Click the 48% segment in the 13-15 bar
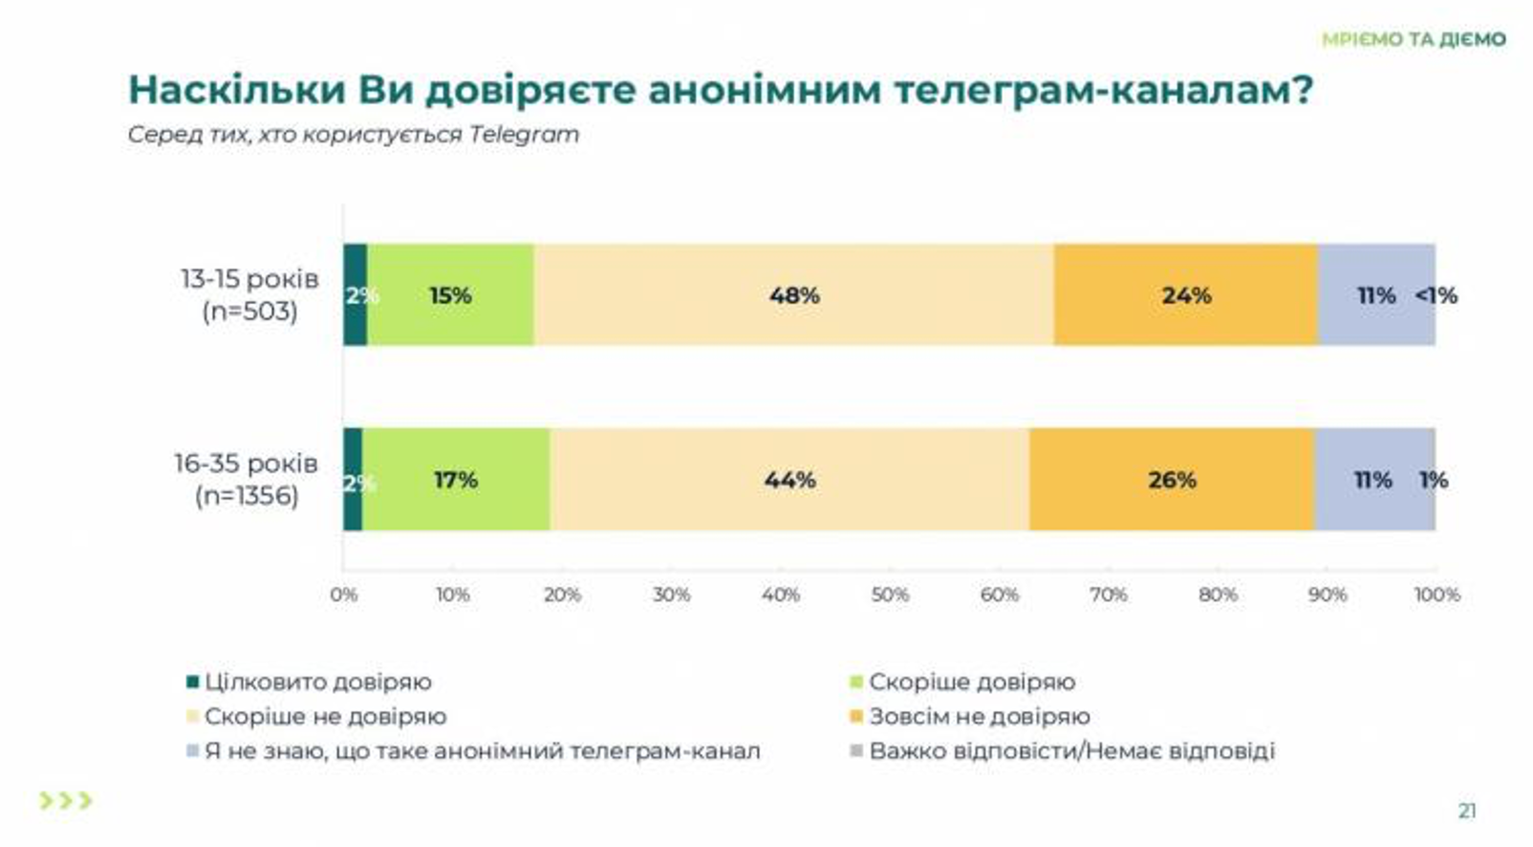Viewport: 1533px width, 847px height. coord(793,295)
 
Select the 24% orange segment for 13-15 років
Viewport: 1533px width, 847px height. coord(1185,295)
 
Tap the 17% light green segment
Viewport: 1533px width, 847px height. coord(456,480)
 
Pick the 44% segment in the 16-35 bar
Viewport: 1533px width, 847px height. coord(789,480)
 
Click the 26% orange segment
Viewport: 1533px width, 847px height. coord(1172,480)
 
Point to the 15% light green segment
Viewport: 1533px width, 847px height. coord(450,295)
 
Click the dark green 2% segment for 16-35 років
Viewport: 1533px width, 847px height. coord(353,480)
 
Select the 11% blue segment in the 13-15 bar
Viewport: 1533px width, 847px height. coord(1376,295)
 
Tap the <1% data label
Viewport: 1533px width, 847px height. coord(1436,295)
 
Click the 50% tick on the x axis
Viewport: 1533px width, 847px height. coord(890,595)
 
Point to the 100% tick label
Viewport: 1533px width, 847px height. coord(1436,595)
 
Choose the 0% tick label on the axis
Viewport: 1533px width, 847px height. coord(344,595)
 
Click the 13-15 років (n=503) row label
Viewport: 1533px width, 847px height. coord(249,294)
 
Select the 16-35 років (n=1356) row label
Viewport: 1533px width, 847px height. coord(247,479)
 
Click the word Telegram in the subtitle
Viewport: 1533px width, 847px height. coord(524,135)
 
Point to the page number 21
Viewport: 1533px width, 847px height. coord(1467,811)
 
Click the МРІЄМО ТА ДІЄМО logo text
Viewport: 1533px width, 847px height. coord(1414,39)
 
